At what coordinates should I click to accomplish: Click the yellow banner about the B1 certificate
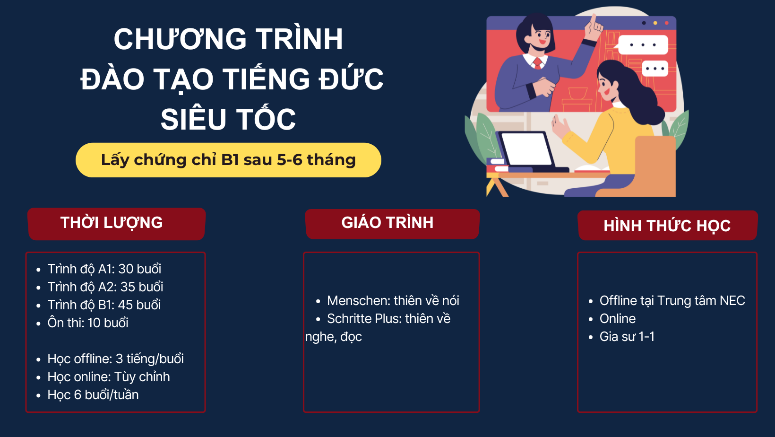[228, 160]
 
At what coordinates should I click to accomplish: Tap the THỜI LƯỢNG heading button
[117, 224]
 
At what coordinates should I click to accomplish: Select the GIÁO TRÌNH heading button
[392, 224]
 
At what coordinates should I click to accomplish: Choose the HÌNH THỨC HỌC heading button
[668, 225]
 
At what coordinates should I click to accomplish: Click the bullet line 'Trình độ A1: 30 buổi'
[104, 269]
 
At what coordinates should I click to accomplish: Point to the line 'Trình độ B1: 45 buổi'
[104, 305]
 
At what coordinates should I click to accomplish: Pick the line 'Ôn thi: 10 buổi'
[88, 323]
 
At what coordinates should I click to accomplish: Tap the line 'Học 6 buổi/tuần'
[93, 395]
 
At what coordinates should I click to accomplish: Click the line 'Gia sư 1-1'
[627, 337]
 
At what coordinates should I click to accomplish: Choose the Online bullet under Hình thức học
[618, 319]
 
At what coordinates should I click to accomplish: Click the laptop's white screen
[526, 149]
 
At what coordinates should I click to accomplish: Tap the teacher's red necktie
[537, 63]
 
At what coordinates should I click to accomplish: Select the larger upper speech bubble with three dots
[643, 44]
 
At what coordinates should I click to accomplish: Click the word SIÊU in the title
[193, 119]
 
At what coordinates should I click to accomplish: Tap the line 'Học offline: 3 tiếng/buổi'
[116, 359]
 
